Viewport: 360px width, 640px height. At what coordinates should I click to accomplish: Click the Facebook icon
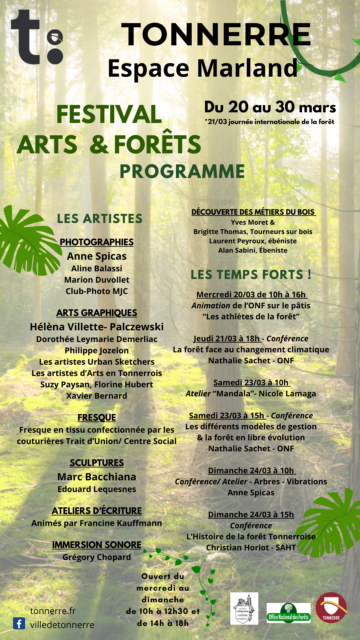[19, 623]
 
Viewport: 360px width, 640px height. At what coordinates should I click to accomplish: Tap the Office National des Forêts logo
[288, 613]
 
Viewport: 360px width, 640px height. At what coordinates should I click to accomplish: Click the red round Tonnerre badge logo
[331, 608]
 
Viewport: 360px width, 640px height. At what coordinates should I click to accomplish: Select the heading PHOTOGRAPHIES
[97, 242]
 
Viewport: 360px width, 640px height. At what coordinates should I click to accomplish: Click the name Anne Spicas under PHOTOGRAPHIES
[97, 256]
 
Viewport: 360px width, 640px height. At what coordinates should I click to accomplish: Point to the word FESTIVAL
[109, 114]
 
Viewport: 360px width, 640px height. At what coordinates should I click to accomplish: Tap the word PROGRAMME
[182, 171]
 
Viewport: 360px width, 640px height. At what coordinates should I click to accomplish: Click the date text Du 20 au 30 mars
[270, 107]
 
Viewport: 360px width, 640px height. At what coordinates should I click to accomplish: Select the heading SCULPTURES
[97, 463]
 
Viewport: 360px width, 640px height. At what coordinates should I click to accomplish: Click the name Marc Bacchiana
[97, 477]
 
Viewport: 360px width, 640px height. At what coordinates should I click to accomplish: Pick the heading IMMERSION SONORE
[97, 545]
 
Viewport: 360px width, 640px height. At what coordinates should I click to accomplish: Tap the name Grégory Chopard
[97, 557]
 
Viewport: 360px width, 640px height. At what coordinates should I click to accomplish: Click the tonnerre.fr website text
[53, 611]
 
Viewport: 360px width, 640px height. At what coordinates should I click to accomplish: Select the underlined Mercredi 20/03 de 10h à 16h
[251, 295]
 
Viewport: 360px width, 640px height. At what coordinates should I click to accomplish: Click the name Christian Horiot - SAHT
[251, 548]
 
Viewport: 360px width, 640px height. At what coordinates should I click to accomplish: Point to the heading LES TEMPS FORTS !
[251, 275]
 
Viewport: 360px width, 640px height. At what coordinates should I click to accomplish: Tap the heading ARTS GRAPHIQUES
[97, 313]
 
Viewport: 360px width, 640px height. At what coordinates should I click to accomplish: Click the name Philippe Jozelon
[97, 351]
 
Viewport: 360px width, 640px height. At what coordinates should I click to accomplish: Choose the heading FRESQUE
[97, 418]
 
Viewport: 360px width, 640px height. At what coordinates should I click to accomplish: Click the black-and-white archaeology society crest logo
[244, 608]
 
